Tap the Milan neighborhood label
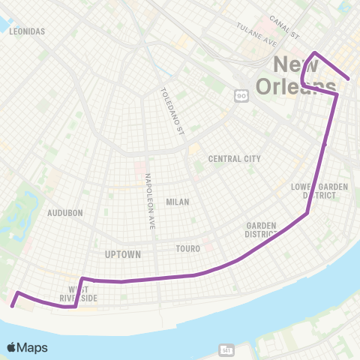pyautogui.click(x=178, y=202)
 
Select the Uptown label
pyautogui.click(x=123, y=254)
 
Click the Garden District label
pyautogui.click(x=261, y=229)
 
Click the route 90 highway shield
pyautogui.click(x=241, y=94)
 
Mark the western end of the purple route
pyautogui.click(x=12, y=305)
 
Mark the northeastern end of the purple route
pyautogui.click(x=349, y=78)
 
